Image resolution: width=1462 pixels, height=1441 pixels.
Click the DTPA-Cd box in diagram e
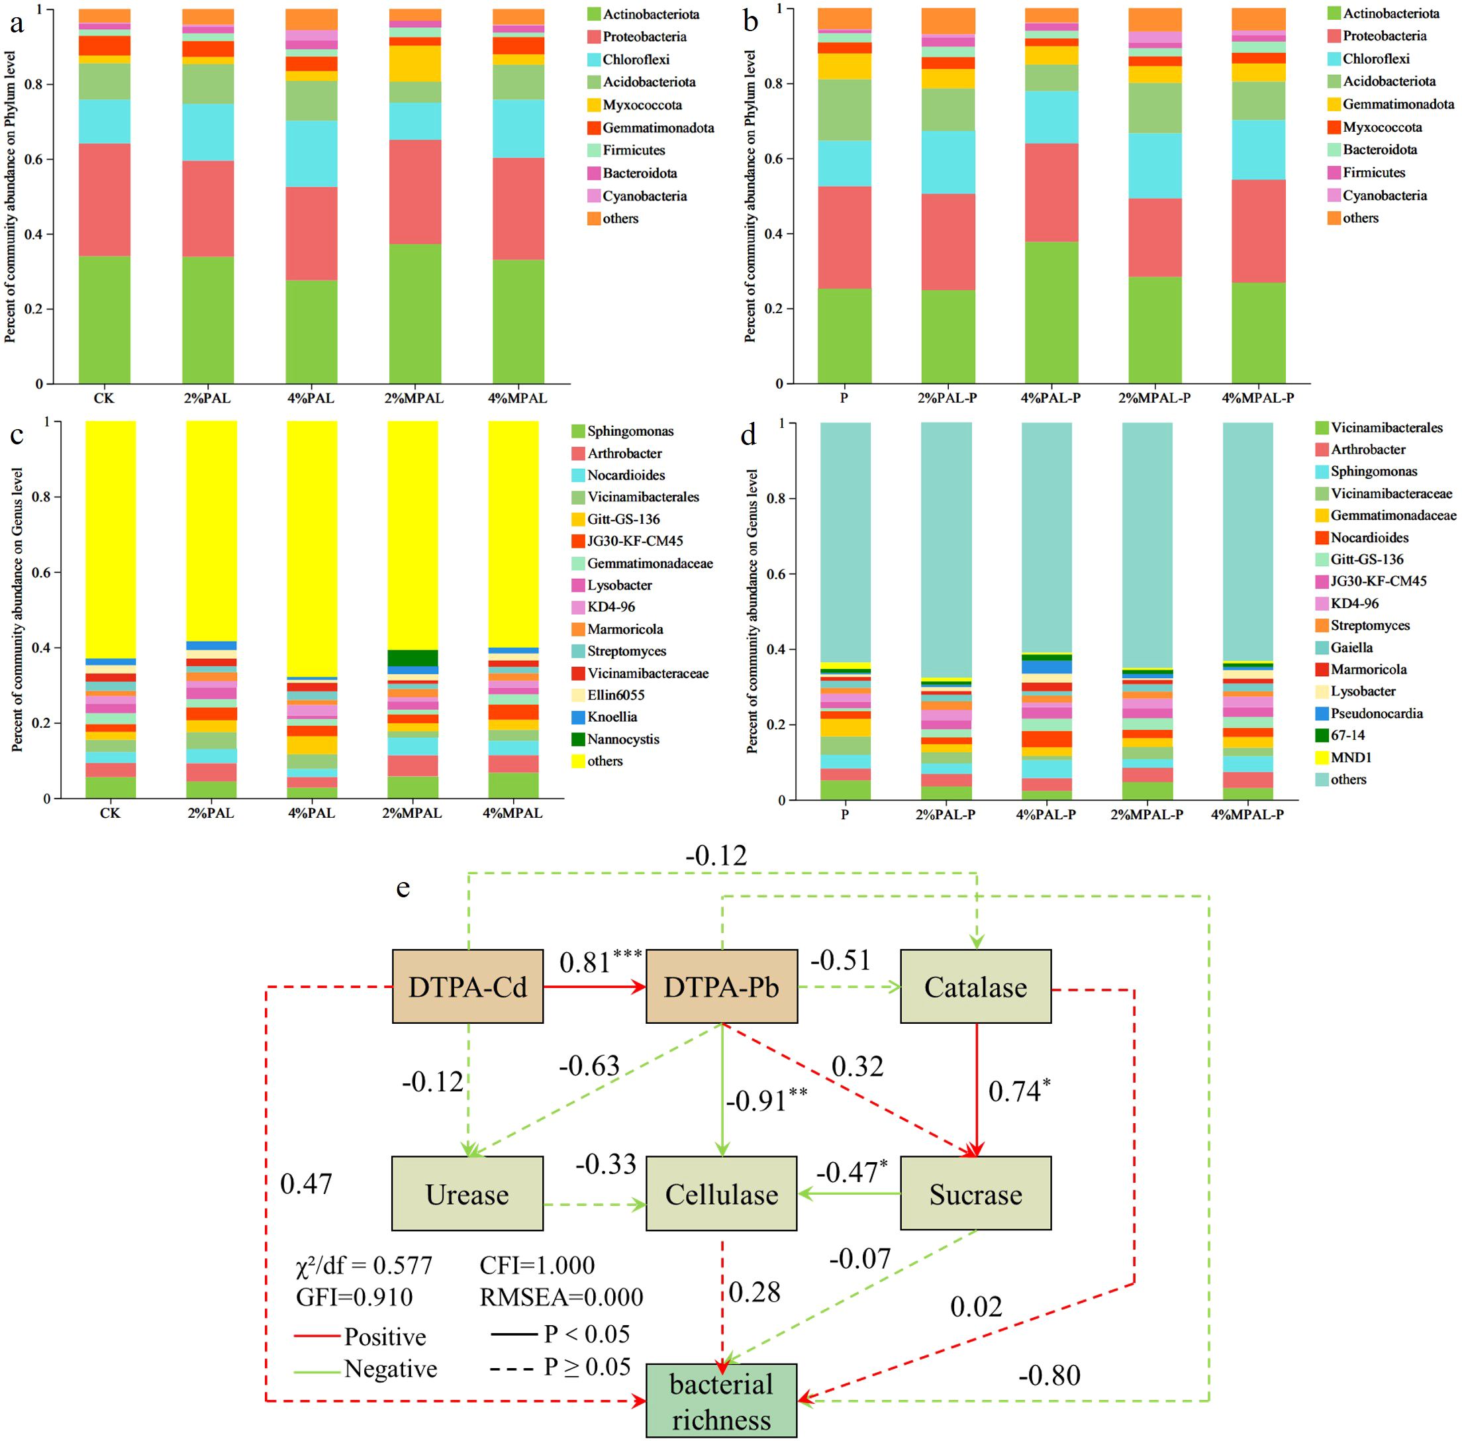467,987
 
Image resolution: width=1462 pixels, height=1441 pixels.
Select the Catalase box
975,987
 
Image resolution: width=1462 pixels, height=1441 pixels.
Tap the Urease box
467,1194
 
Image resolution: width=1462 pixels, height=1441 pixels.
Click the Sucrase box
975,1194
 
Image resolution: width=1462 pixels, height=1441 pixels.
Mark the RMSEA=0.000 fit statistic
561,1297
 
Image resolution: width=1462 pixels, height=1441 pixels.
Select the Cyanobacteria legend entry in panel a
644,196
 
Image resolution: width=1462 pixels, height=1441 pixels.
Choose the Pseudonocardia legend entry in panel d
1376,713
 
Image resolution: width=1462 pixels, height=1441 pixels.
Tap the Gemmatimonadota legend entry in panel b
1398,105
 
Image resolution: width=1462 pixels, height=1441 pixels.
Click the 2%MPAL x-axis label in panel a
414,398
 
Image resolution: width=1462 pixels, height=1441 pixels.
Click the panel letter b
750,22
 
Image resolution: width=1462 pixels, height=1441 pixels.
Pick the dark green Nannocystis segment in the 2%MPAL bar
413,658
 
